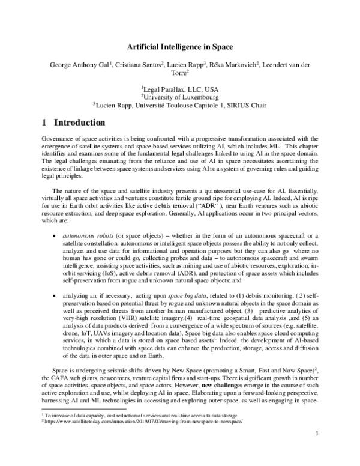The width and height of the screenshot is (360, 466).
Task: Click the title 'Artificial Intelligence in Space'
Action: click(179, 46)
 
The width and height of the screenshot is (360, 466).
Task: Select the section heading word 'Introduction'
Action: click(80, 123)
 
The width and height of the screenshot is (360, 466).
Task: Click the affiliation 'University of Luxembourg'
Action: click(180, 96)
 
